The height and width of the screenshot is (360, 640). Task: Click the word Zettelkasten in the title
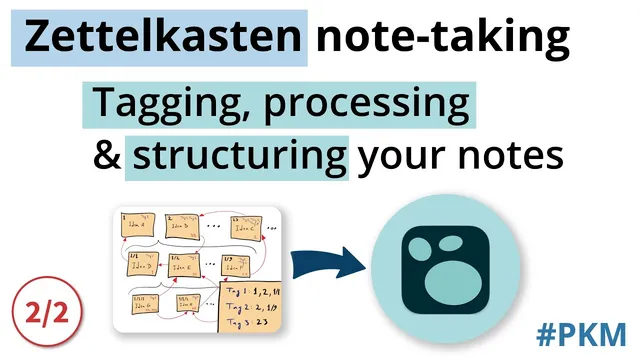click(163, 38)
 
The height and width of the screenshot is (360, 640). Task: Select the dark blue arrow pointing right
click(329, 267)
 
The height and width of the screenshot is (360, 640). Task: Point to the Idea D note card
click(140, 266)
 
